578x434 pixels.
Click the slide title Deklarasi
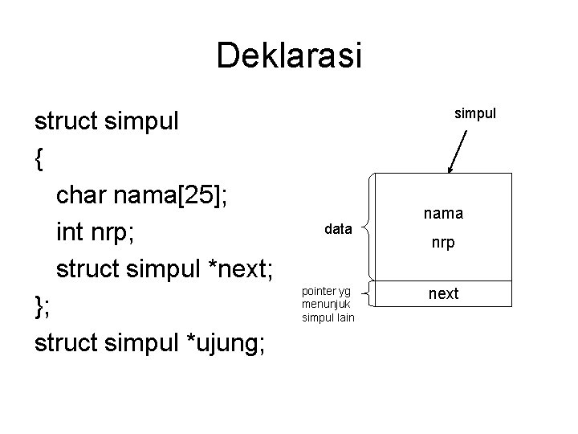(x=289, y=56)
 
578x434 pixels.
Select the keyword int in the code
(x=70, y=231)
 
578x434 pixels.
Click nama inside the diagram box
(x=443, y=215)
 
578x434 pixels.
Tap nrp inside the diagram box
(x=443, y=241)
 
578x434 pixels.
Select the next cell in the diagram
(x=443, y=293)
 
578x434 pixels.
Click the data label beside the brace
(x=338, y=229)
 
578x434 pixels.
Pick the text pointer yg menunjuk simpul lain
(x=328, y=304)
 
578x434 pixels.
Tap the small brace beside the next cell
(x=366, y=293)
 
